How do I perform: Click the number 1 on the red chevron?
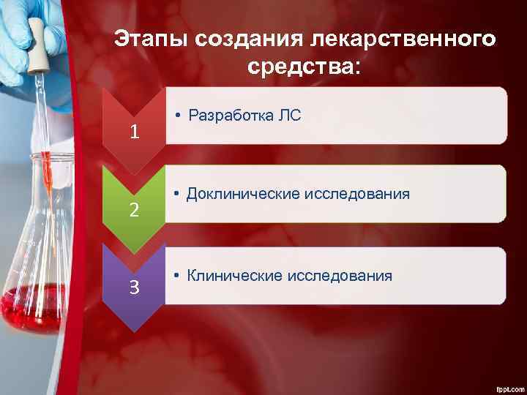point(133,132)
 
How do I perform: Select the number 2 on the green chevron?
point(133,211)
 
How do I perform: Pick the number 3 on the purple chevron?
point(133,287)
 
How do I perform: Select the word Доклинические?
point(237,194)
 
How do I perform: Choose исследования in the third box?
point(340,276)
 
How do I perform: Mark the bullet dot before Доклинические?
point(177,195)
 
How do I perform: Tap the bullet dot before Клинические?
point(177,276)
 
